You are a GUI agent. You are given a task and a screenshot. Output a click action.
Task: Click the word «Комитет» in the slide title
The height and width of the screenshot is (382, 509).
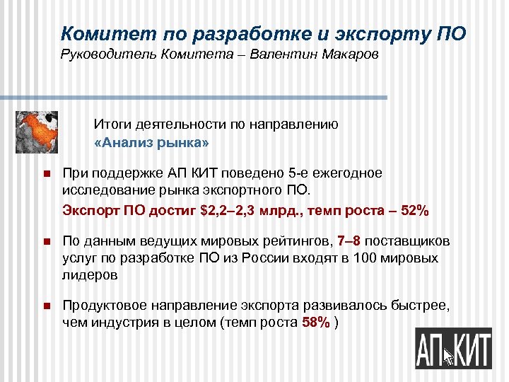tap(98, 33)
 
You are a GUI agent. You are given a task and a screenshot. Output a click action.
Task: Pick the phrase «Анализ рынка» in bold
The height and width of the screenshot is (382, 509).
tap(151, 143)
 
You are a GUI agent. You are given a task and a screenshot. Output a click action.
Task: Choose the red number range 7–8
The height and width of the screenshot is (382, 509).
tap(349, 242)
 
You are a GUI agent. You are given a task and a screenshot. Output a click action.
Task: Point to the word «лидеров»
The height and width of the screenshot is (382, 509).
tap(90, 274)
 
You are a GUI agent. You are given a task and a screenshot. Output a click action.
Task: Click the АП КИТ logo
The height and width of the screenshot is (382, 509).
tap(452, 347)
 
